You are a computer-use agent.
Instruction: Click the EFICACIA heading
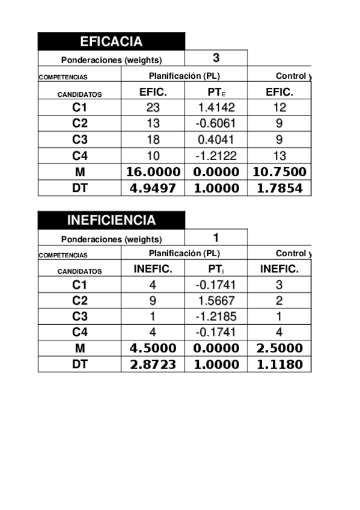pos(111,41)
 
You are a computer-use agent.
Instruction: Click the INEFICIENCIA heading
pos(111,220)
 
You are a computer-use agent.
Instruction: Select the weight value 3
pos(216,58)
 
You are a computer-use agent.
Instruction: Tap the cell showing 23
pos(153,108)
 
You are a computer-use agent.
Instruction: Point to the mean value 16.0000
pos(153,172)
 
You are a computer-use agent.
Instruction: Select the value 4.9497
pos(153,188)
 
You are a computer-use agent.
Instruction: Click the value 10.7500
pos(279,172)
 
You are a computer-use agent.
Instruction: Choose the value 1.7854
pos(279,188)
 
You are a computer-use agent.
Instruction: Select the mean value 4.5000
pos(153,348)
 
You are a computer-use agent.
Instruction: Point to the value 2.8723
pos(153,364)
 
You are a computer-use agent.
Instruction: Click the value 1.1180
pos(279,364)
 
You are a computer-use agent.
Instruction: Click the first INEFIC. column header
pos(153,269)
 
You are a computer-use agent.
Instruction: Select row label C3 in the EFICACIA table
pos(79,140)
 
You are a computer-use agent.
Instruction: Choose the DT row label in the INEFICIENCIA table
pos(79,364)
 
